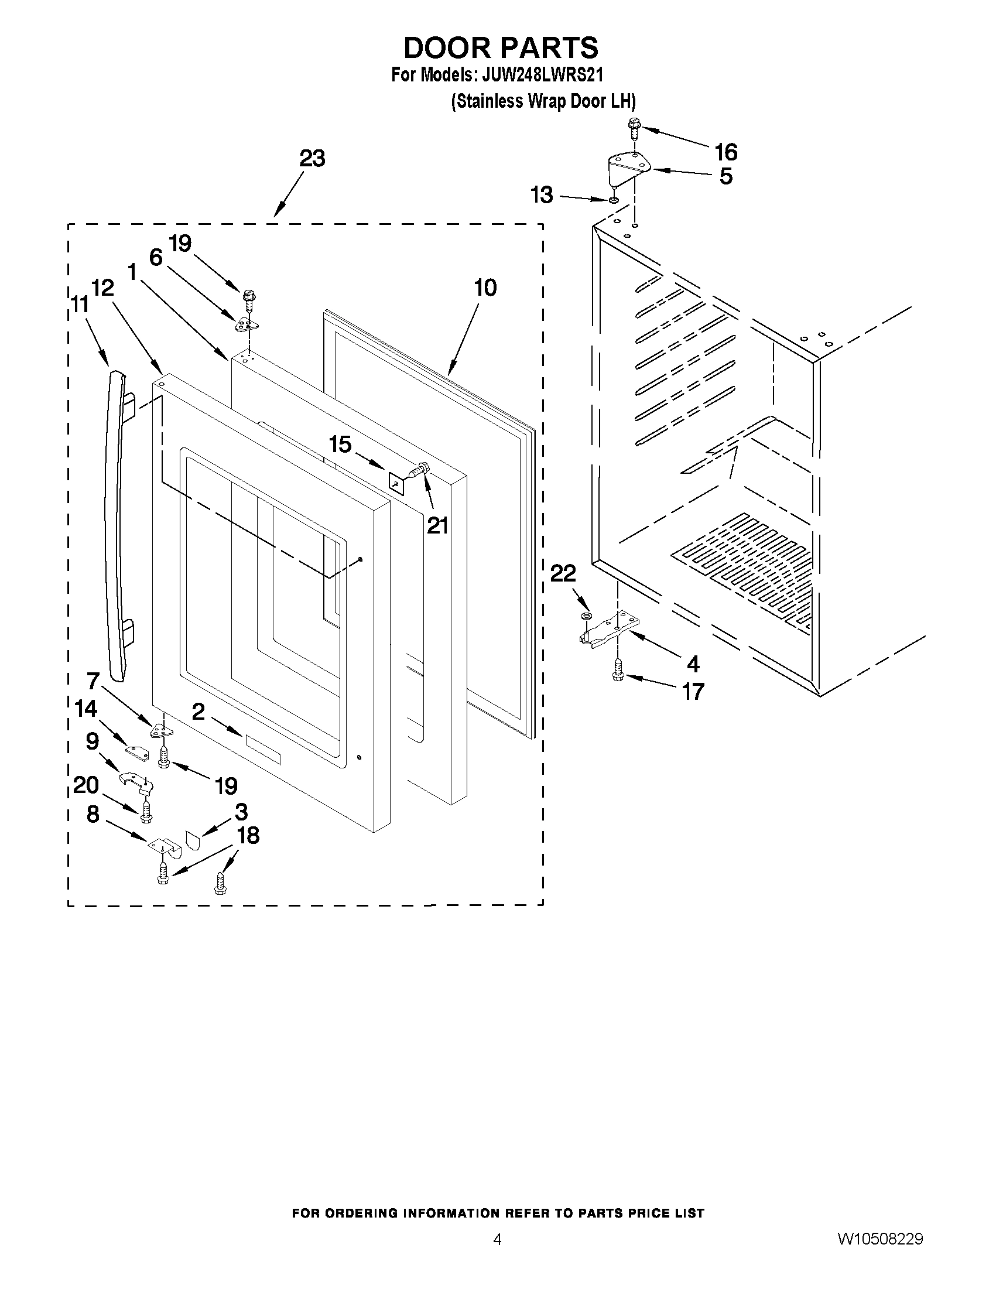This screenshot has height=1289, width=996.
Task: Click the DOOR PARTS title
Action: (x=501, y=47)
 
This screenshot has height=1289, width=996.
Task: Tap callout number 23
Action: (x=312, y=158)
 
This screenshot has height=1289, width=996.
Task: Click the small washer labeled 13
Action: (x=614, y=201)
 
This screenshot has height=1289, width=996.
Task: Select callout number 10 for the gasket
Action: (x=485, y=288)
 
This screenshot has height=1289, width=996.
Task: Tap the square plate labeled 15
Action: (x=395, y=480)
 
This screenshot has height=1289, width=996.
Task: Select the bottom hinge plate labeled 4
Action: (x=608, y=628)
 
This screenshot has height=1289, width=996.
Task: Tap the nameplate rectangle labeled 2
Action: (x=263, y=747)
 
